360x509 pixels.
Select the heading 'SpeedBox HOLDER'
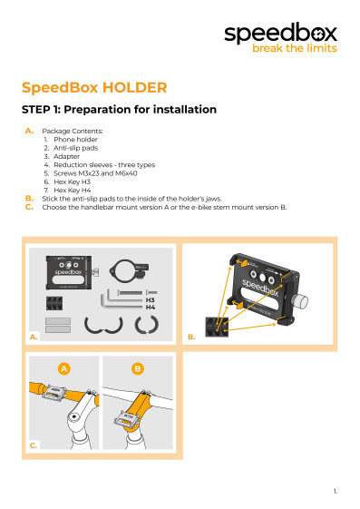point(94,88)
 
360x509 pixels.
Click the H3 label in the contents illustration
point(151,299)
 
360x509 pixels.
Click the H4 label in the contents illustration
point(151,308)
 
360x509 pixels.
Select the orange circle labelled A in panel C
point(63,368)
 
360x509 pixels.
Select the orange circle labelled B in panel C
point(137,368)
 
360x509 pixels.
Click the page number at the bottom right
point(335,491)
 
